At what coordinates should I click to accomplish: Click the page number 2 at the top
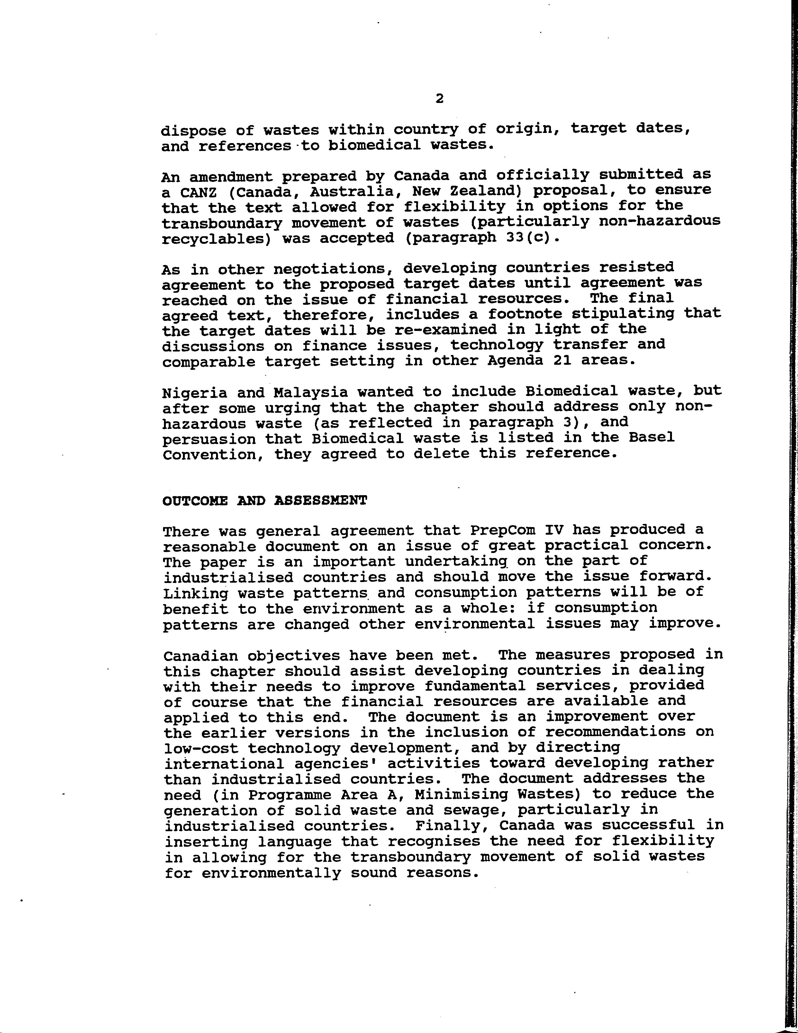[x=439, y=99]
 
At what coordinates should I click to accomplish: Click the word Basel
[x=651, y=437]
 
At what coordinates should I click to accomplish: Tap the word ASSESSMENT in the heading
[x=320, y=501]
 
